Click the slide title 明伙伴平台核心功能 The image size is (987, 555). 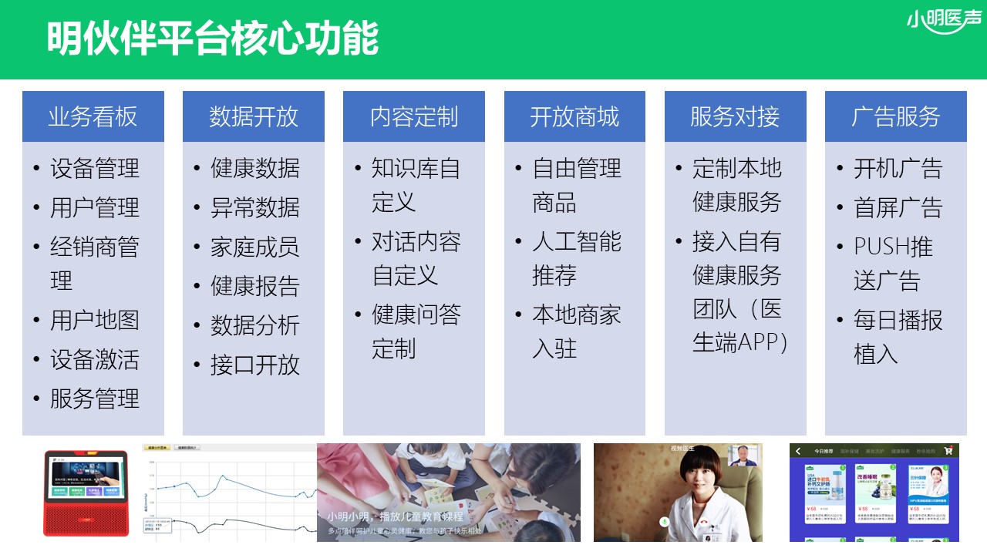[213, 39]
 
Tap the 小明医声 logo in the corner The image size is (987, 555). [945, 21]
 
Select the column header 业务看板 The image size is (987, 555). [93, 116]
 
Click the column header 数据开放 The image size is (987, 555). [254, 116]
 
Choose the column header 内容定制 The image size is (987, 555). [414, 116]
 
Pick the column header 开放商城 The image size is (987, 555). [574, 116]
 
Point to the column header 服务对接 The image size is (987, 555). [735, 116]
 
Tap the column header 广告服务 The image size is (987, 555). [896, 116]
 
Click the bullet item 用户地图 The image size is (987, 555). [95, 320]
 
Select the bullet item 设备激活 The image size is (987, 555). [95, 359]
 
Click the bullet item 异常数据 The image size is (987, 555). [255, 207]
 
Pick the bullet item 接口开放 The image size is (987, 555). [255, 365]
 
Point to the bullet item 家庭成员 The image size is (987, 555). [255, 247]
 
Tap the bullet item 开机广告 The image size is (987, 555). [898, 168]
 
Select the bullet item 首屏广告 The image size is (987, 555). [898, 207]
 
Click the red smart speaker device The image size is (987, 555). [86, 493]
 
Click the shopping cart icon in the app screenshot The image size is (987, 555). [950, 451]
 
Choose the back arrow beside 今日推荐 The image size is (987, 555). [799, 451]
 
